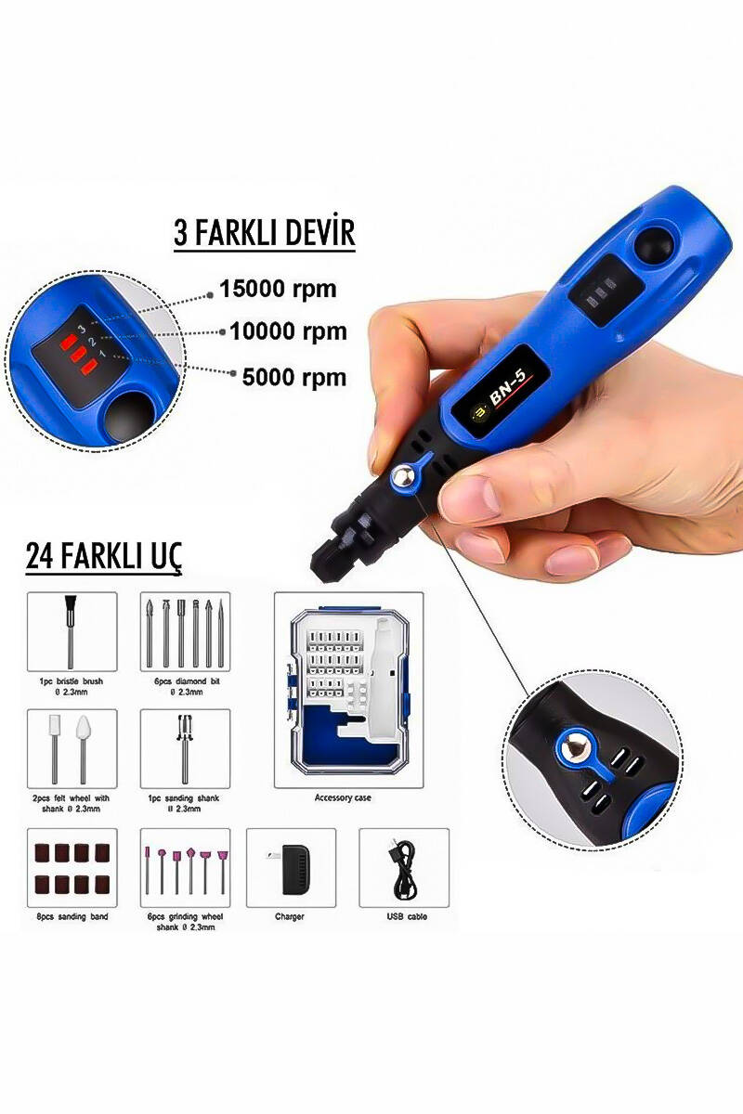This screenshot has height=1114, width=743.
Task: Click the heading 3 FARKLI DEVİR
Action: pos(265,233)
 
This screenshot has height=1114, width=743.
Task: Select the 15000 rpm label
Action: pos(278,290)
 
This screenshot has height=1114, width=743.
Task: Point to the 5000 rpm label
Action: pos(294,378)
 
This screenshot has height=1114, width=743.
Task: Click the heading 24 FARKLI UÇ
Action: pos(104,556)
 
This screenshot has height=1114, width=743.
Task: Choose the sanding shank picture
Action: pos(185,747)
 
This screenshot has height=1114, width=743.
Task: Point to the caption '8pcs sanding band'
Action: pos(73,916)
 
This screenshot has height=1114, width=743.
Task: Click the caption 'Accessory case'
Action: pos(343,797)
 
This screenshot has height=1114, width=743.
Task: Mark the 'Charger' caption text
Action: pos(290,916)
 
